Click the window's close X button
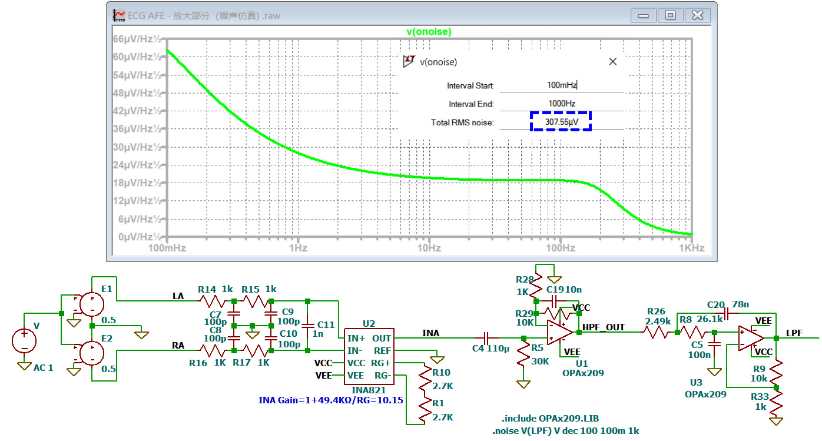[697, 15]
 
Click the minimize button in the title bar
[643, 15]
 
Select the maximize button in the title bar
[671, 15]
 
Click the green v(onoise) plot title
[429, 32]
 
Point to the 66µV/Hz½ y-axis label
[137, 39]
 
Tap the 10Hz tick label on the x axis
[429, 248]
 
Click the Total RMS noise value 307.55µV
[562, 121]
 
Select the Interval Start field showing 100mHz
[562, 85]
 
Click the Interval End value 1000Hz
[562, 104]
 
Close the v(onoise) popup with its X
[612, 62]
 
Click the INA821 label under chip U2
[369, 390]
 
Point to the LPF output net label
[794, 333]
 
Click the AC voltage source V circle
[24, 341]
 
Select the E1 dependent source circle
[92, 304]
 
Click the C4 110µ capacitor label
[490, 348]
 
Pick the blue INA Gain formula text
[331, 400]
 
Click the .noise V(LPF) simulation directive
[565, 431]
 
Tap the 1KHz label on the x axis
[692, 248]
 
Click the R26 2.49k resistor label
[657, 316]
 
